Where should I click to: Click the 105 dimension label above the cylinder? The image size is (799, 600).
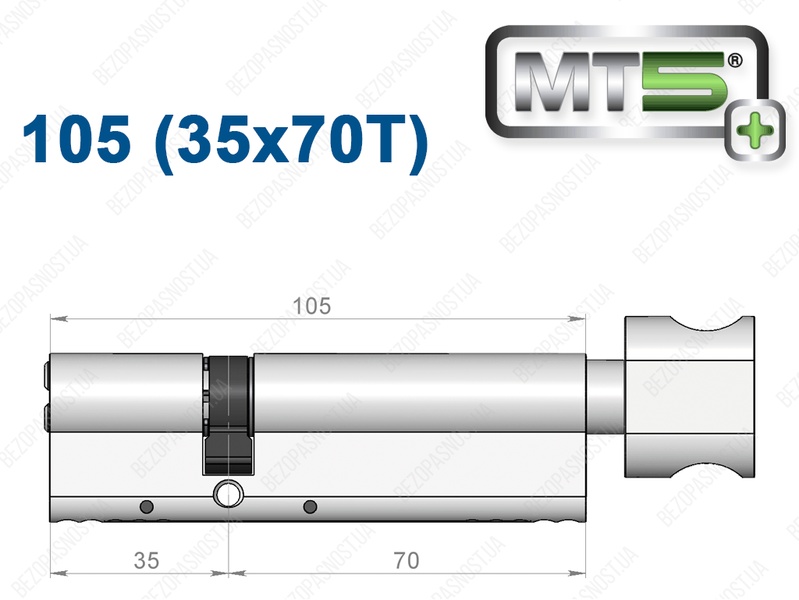point(312,307)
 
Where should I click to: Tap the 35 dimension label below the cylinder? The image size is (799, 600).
point(146,561)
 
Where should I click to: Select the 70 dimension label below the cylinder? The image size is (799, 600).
point(407,561)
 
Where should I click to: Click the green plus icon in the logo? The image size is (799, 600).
point(755,130)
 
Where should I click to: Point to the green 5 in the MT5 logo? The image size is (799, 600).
point(684,81)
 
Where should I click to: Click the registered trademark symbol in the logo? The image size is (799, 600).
point(735,61)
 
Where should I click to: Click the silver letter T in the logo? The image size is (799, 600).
point(614,81)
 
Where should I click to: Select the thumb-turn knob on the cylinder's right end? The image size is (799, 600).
point(690,397)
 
